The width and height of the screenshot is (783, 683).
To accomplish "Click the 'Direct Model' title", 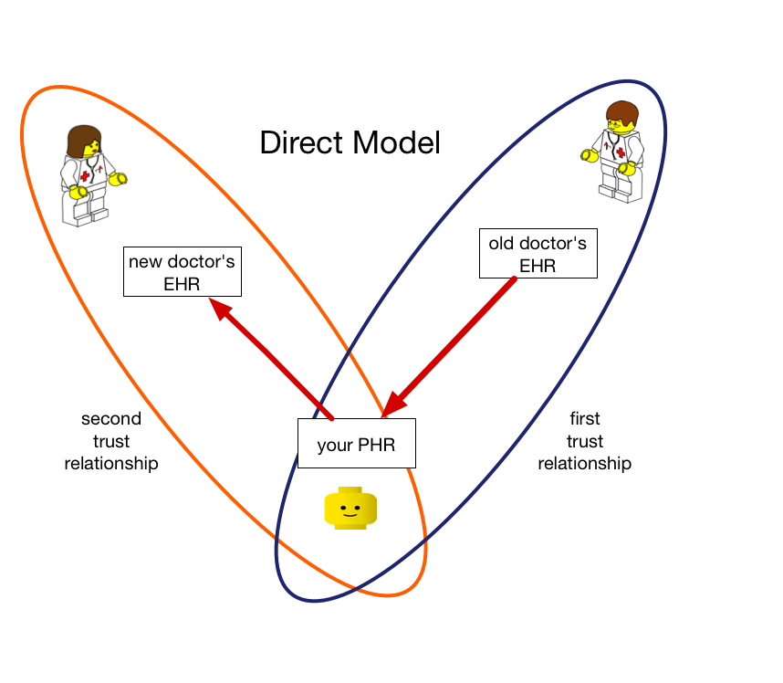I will pos(350,143).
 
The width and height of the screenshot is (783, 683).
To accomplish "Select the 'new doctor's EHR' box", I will pos(183,272).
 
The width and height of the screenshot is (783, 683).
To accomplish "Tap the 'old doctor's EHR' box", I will pos(538,253).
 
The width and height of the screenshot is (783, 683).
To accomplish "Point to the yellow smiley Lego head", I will pos(350,508).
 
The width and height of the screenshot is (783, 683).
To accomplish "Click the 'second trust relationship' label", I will pos(111,441).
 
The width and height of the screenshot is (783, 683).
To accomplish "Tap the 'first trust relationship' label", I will pos(584,441).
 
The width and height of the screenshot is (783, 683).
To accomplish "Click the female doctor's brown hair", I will pos(81,140).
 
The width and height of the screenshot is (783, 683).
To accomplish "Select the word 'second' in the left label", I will pos(111,419).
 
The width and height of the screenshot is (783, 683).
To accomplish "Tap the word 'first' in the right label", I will pos(585,418).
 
